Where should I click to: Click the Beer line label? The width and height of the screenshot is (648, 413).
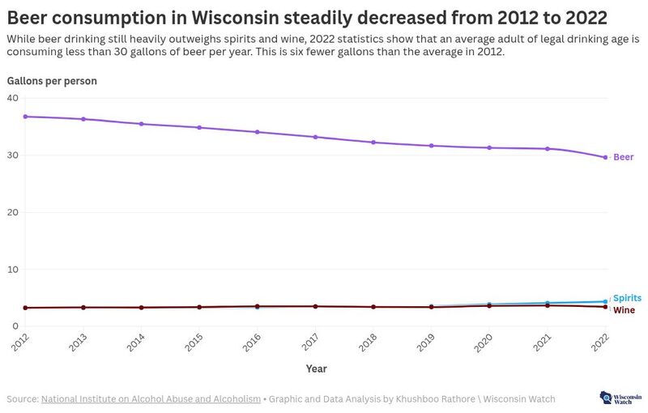pos(623,157)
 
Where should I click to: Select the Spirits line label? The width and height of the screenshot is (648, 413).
pos(627,298)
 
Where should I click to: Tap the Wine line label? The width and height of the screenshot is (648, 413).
pos(624,310)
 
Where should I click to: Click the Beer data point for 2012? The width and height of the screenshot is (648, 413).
pos(25,117)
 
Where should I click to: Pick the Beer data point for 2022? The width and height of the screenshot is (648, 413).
pos(605,157)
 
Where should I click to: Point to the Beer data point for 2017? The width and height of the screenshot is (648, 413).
pos(315,137)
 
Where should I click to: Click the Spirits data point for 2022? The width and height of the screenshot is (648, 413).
pos(605,301)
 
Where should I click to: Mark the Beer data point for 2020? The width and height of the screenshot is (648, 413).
pos(489,147)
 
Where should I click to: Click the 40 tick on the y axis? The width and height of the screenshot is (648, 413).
pos(12,98)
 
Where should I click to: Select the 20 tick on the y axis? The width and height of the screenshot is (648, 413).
pos(12,212)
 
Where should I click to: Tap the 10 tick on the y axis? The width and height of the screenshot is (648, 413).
pos(12,270)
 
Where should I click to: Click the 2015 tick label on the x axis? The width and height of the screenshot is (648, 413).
pos(191,343)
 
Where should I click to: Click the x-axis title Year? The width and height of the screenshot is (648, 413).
pos(316,368)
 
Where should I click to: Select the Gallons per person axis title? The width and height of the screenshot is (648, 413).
pos(52,81)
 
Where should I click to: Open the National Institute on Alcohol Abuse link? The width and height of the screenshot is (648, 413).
pos(151,398)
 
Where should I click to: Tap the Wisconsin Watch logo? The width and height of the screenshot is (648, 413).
pos(618,398)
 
